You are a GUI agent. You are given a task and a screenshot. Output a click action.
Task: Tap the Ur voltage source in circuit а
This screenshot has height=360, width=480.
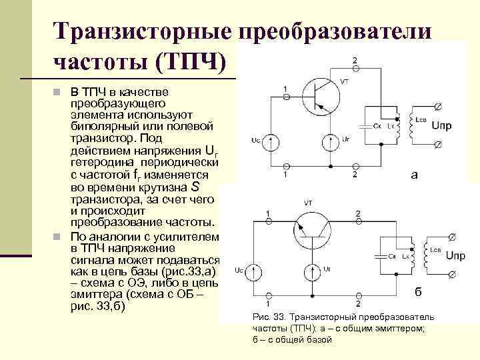330,142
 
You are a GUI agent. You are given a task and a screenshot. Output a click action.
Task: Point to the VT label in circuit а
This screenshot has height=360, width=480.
345,81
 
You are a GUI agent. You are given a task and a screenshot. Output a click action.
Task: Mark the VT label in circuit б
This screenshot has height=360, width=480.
308,201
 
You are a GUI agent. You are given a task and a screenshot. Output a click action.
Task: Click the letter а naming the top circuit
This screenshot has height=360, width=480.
415,175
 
